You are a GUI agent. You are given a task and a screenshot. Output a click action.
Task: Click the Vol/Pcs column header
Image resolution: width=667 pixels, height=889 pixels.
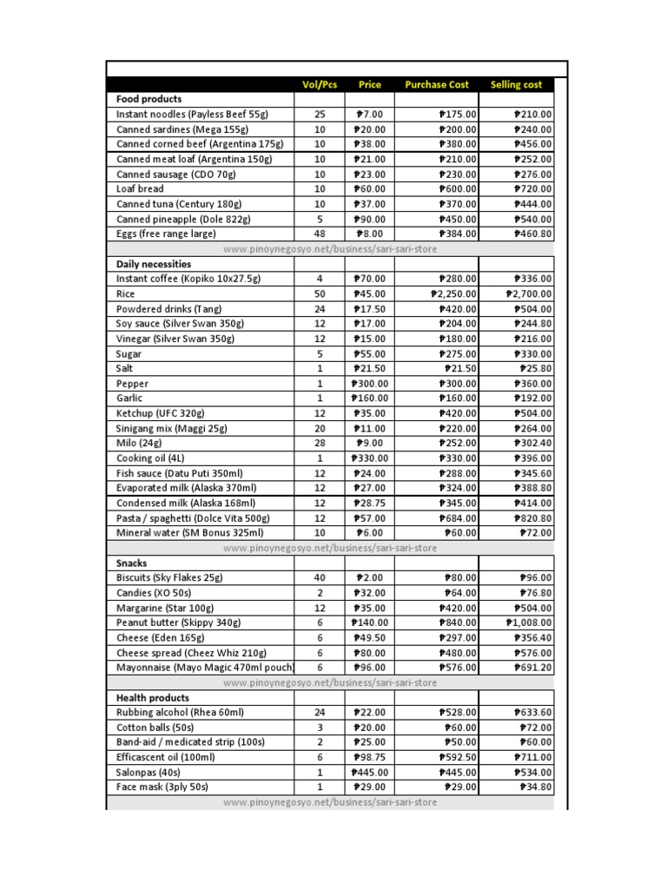(320, 84)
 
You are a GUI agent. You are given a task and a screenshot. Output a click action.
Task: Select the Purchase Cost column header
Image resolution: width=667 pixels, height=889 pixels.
(437, 84)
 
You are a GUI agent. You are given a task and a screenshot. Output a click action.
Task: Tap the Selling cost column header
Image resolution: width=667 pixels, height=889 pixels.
(516, 84)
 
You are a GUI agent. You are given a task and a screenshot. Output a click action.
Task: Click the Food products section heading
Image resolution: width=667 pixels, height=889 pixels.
(149, 99)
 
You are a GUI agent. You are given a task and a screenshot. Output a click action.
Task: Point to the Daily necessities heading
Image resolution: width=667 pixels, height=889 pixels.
(154, 264)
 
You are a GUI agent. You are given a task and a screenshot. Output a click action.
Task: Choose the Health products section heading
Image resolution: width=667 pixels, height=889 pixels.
(153, 698)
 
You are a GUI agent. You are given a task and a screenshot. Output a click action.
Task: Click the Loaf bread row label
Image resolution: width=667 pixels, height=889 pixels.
(140, 188)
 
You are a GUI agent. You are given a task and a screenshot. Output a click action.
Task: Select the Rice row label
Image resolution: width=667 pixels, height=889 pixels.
(126, 294)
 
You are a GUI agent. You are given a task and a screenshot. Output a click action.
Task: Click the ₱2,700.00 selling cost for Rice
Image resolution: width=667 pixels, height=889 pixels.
(528, 294)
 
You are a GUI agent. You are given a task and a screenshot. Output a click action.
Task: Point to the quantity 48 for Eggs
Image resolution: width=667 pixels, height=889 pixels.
(320, 234)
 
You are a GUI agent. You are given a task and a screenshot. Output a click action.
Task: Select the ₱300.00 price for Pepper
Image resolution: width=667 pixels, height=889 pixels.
(370, 384)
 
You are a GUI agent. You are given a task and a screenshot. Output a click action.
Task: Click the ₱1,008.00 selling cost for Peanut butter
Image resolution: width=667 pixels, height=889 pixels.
(528, 623)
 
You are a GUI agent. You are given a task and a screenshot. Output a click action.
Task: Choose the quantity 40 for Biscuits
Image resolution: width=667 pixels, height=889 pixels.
(320, 578)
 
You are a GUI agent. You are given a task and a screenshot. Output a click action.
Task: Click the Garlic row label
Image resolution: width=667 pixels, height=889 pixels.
(129, 398)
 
